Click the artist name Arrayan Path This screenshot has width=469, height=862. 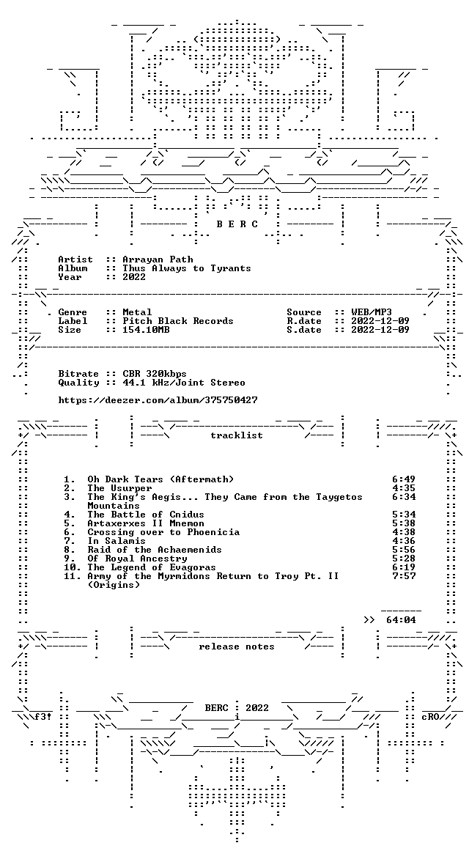[x=158, y=259]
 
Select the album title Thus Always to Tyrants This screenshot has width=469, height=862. [x=187, y=268]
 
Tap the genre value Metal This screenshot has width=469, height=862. [x=137, y=312]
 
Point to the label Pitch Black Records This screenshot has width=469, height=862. [x=178, y=321]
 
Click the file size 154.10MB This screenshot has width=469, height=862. [x=147, y=330]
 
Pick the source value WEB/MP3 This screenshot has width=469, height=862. [x=364, y=312]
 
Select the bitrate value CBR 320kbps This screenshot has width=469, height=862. [x=155, y=374]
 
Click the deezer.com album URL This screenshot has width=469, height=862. [x=158, y=400]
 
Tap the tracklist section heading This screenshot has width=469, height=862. [x=237, y=435]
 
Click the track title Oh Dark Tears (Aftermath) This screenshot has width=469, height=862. [x=160, y=479]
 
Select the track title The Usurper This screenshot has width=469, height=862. [x=119, y=488]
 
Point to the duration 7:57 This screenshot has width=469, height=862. [x=404, y=576]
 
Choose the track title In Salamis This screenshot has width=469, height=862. [x=117, y=541]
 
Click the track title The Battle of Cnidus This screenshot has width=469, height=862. [x=146, y=515]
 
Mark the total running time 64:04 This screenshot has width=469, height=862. [x=402, y=620]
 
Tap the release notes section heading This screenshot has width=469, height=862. [x=237, y=646]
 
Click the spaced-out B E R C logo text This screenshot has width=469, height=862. [x=237, y=224]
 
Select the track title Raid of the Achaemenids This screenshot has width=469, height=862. [x=155, y=550]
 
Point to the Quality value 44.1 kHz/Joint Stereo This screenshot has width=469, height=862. [x=184, y=383]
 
